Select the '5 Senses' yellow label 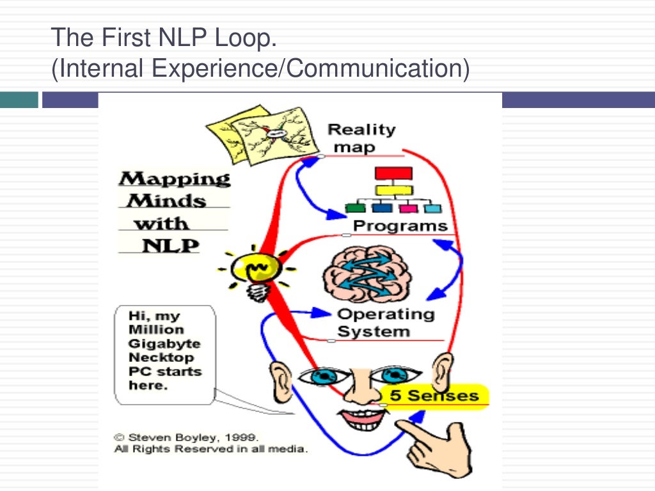click(x=434, y=396)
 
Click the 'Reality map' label click(x=361, y=138)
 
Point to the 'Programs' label click(x=400, y=226)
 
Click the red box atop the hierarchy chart click(x=393, y=173)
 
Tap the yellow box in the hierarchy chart click(x=393, y=189)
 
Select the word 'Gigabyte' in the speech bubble click(x=156, y=344)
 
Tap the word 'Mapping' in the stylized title click(x=175, y=179)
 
